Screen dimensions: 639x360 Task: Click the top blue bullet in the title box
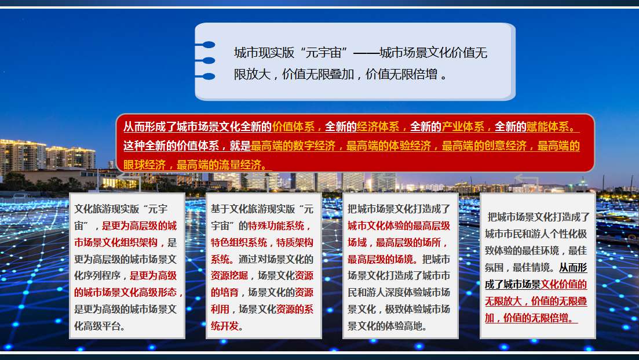click(209, 45)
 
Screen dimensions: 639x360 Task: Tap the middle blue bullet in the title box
click(209, 60)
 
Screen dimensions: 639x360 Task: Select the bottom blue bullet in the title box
click(209, 77)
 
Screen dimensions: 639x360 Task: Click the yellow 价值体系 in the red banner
click(293, 127)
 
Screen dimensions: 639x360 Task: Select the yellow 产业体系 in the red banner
click(463, 127)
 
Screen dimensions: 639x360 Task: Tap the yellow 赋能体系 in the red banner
click(547, 127)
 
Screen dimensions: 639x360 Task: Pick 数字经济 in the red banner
click(315, 146)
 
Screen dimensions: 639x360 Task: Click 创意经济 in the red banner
click(505, 146)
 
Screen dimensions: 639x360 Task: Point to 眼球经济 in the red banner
click(145, 165)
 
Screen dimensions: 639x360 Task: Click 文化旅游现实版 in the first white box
click(107, 209)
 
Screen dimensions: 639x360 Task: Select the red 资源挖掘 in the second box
click(229, 275)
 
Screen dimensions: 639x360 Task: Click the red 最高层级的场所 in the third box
click(408, 242)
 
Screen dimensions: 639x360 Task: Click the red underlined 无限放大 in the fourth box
click(503, 301)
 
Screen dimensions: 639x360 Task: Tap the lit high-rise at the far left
click(23, 157)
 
